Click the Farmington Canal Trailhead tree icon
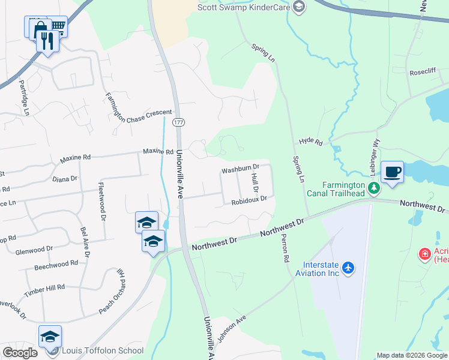(x=375, y=188)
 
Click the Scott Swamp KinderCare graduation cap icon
(x=298, y=7)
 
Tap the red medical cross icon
(x=425, y=254)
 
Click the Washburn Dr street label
(x=240, y=170)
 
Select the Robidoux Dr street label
(x=249, y=201)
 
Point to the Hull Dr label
(x=255, y=182)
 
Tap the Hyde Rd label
(x=311, y=143)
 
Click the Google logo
(x=20, y=353)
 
